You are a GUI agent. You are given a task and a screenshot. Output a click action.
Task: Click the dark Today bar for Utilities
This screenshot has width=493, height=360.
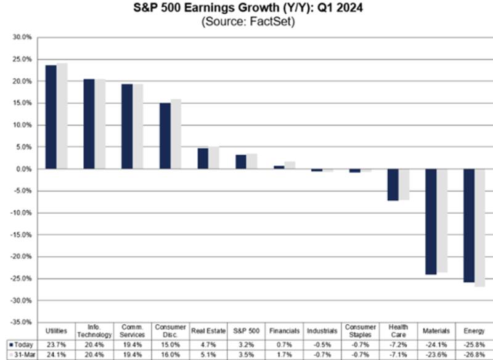pos(51,117)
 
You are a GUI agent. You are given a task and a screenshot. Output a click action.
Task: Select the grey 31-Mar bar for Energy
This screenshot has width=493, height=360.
pos(480,228)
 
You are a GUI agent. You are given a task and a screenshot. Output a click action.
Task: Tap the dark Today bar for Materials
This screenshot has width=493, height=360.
pos(431,222)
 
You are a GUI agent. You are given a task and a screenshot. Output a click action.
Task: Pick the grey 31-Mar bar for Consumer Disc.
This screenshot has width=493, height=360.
pos(176,134)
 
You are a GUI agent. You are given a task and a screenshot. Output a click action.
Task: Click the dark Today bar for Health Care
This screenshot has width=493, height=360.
pos(393,185)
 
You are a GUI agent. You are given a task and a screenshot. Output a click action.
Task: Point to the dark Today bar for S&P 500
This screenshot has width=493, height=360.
pos(241,162)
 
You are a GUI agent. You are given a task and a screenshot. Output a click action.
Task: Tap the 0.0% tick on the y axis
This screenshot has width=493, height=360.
pos(23,169)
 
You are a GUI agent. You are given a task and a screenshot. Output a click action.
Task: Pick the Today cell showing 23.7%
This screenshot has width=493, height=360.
pos(57,344)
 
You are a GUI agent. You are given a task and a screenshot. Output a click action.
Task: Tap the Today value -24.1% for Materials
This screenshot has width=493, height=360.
pos(436,344)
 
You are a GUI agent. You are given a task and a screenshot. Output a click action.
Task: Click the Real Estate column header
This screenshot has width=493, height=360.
pos(208,331)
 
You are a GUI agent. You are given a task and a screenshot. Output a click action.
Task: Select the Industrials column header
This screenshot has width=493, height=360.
pos(322,331)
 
